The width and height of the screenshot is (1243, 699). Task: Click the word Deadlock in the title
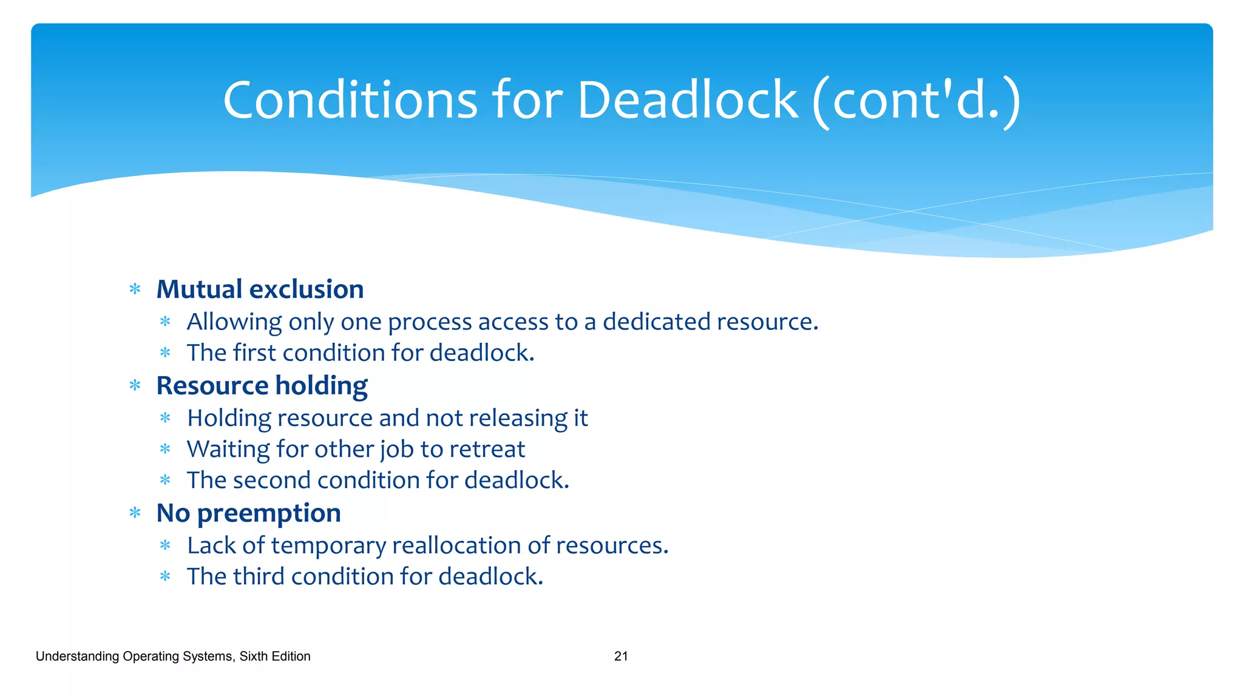click(687, 100)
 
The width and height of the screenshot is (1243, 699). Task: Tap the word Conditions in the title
click(350, 100)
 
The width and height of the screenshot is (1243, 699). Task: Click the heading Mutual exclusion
click(260, 289)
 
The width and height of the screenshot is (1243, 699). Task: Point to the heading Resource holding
click(262, 386)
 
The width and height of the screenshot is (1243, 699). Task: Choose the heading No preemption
click(248, 513)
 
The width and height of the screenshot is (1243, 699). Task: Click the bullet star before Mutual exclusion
click(135, 289)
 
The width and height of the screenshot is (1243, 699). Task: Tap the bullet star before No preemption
click(135, 513)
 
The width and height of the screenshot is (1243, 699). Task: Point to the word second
click(271, 481)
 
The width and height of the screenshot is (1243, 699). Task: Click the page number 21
click(621, 656)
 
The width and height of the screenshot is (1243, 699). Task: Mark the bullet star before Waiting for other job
click(165, 449)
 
